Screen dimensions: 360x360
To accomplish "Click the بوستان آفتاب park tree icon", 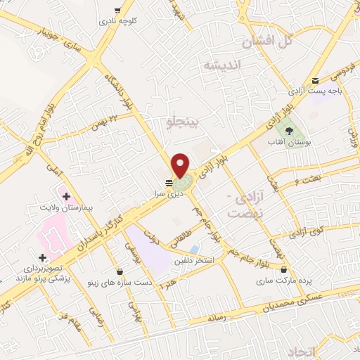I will click(x=288, y=129).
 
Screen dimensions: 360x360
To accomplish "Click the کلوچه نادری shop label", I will click(x=117, y=21).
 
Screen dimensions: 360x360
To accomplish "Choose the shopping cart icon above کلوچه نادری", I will click(x=117, y=11).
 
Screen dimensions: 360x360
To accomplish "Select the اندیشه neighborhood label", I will click(x=221, y=65).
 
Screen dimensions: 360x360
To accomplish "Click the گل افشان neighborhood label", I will click(x=266, y=42).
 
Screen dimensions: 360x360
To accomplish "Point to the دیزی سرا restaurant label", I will click(x=170, y=191).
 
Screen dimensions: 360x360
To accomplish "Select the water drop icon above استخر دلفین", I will click(x=193, y=248).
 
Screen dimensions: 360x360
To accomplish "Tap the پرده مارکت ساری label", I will click(x=283, y=281).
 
